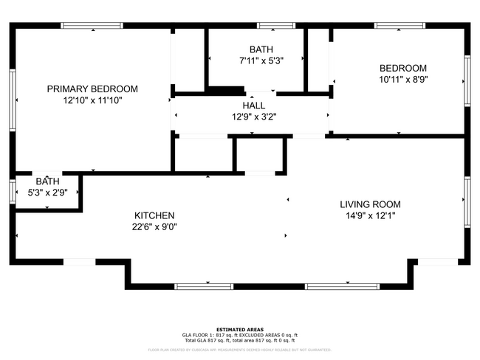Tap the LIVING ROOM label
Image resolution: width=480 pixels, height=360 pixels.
(370, 204)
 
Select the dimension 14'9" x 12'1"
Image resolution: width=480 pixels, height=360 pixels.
(370, 215)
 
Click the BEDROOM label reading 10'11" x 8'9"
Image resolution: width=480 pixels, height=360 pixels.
(402, 68)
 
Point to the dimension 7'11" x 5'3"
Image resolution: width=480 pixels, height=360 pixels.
(261, 60)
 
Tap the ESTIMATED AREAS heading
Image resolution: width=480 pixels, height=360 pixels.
(240, 330)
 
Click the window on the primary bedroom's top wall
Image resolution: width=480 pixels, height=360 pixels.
(92, 26)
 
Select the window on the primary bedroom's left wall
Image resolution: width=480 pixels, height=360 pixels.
(13, 100)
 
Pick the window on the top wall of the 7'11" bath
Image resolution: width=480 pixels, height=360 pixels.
(281, 26)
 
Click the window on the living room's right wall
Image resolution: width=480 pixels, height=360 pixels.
(467, 200)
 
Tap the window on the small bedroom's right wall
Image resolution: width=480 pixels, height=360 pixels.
(467, 81)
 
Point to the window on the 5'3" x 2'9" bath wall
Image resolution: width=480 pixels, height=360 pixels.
(13, 191)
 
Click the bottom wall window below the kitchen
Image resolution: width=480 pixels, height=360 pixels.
(198, 285)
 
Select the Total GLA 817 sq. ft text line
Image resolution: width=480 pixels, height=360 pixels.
(240, 340)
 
